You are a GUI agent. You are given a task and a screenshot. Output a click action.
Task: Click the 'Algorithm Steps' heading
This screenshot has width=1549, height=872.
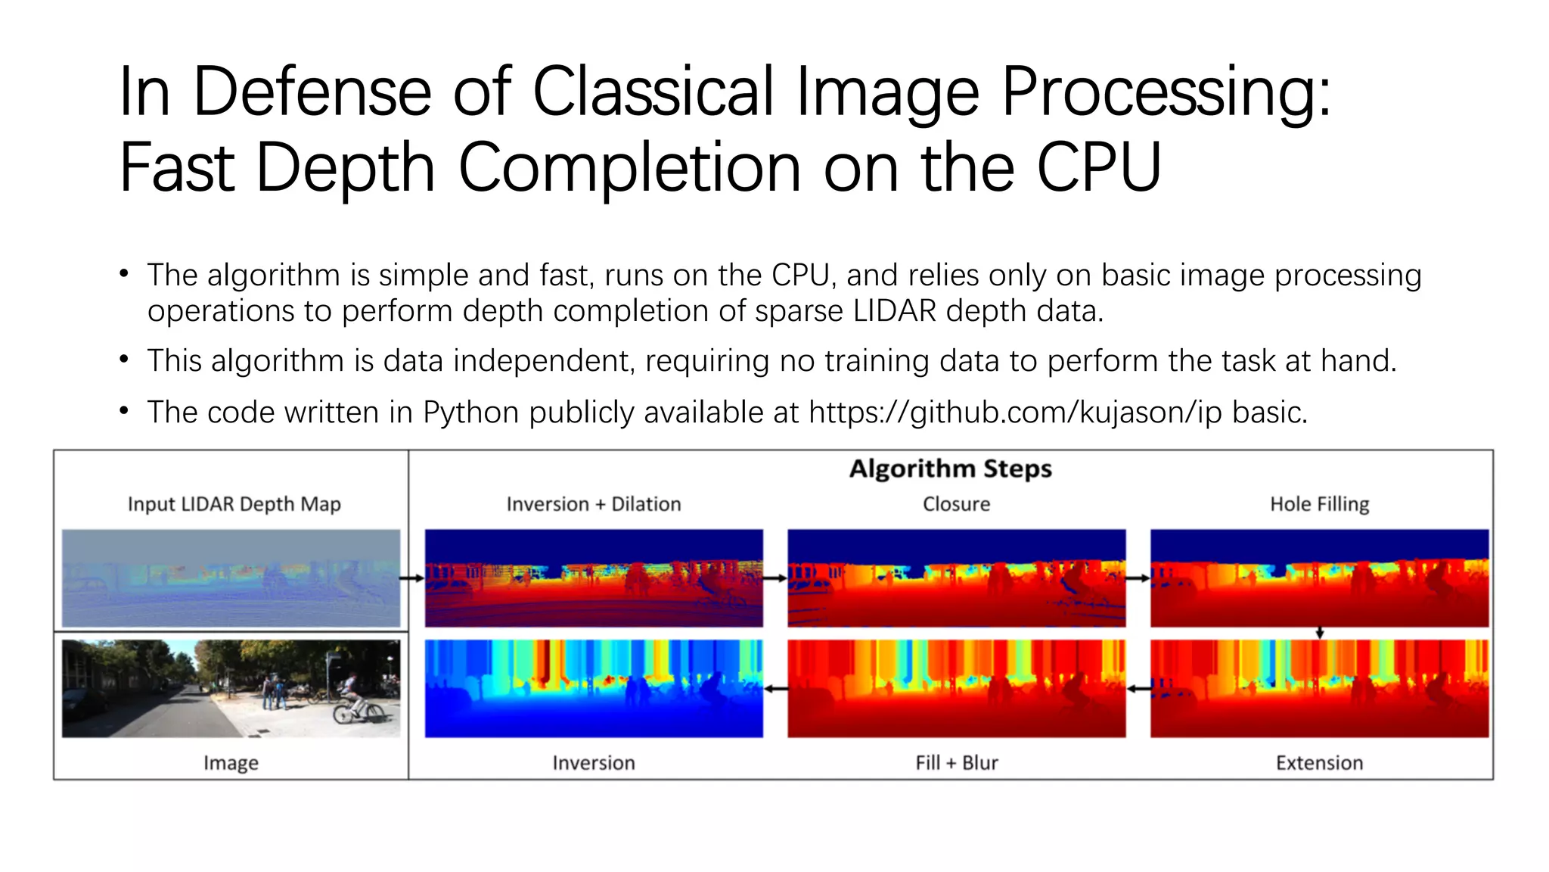pos(950,469)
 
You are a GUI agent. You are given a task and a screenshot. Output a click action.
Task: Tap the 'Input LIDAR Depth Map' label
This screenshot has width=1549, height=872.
pos(234,504)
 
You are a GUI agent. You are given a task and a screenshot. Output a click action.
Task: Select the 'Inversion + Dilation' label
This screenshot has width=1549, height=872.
pos(593,504)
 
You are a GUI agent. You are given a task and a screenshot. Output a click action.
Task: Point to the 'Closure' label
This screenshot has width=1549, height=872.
pos(956,504)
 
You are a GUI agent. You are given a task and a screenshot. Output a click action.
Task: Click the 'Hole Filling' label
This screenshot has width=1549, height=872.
pos(1319,504)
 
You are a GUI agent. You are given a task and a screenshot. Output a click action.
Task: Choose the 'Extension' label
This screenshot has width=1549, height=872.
pos(1319,763)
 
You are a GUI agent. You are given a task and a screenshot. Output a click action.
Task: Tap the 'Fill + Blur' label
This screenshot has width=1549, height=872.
pos(956,763)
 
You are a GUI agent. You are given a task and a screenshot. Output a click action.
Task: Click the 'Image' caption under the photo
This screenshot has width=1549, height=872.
pos(231,763)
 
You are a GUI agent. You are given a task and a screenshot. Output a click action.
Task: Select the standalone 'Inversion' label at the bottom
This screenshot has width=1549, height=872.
pos(593,763)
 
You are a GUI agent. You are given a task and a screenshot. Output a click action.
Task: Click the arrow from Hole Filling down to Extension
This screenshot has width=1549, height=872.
pos(1319,633)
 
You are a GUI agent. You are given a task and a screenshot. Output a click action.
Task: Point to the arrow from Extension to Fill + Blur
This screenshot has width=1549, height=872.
pos(1138,689)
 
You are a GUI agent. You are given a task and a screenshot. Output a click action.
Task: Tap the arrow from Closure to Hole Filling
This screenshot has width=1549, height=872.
pos(1138,578)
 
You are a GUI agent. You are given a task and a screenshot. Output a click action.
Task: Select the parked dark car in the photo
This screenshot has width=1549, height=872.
pos(83,704)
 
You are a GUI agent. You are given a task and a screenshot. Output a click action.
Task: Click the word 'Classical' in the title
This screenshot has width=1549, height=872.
pos(653,92)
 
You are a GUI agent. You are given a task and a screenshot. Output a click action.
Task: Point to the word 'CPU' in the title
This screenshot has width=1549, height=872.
pos(1098,168)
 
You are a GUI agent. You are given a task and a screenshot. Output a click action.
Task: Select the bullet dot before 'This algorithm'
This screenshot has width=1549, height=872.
pos(124,360)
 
